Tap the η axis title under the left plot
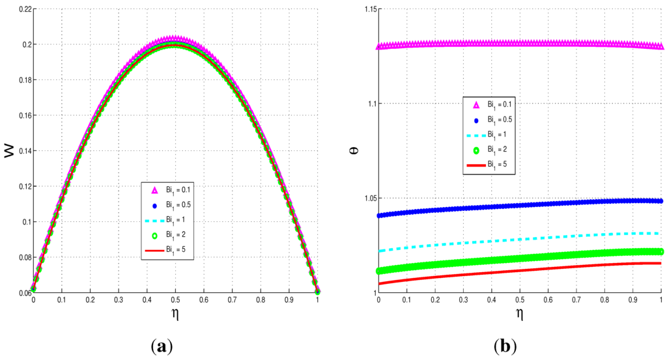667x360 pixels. coord(175,313)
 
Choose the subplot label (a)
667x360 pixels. coord(162,346)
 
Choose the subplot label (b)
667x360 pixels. coord(505,346)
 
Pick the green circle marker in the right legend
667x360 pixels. coord(476,150)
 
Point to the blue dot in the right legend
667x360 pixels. coord(476,120)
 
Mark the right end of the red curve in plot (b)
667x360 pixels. coord(660,263)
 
